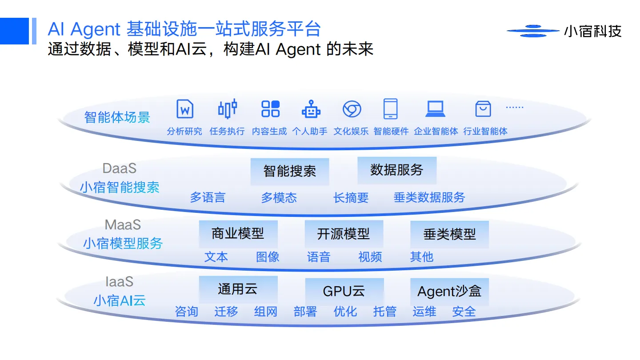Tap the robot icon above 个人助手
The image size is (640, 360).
311,109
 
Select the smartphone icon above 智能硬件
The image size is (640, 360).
390,109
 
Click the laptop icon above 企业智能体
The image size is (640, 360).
435,109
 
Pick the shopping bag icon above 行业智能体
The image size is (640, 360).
483,109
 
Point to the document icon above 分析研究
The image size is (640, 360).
185,109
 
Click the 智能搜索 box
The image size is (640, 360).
290,172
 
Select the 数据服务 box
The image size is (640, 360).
397,170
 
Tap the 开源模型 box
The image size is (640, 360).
344,234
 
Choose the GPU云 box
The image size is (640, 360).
344,292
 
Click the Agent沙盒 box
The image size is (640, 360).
449,292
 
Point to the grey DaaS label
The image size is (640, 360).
120,168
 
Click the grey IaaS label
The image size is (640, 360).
120,282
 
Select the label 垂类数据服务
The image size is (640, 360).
429,197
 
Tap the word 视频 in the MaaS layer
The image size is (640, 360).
370,257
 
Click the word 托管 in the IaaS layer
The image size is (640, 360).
384,312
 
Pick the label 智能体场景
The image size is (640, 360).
117,117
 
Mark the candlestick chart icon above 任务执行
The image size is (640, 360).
227,109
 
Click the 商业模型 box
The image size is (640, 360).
238,234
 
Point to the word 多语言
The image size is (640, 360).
208,197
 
